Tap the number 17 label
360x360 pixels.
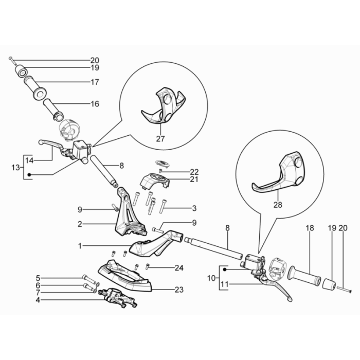pyautogui.click(x=95, y=82)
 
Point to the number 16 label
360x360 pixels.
pyautogui.click(x=95, y=104)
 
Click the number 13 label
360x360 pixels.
pyautogui.click(x=15, y=167)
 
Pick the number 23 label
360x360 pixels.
pyautogui.click(x=178, y=290)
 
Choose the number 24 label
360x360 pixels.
pyautogui.click(x=178, y=267)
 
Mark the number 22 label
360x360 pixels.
pyautogui.click(x=179, y=172)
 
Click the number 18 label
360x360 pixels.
pyautogui.click(x=310, y=228)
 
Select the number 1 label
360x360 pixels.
pyautogui.click(x=80, y=246)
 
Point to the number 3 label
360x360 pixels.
pyautogui.click(x=179, y=208)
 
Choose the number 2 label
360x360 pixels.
pyautogui.click(x=80, y=224)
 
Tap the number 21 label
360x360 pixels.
pyautogui.click(x=179, y=179)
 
